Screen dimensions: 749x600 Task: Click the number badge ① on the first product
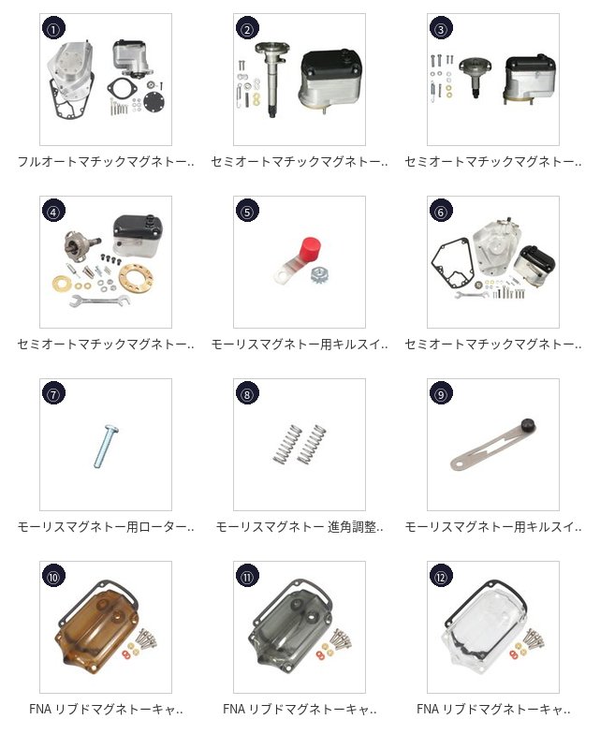point(53,29)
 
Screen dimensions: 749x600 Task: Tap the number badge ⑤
point(247,212)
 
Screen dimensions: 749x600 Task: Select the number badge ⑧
point(247,394)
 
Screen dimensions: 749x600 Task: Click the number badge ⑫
point(441,577)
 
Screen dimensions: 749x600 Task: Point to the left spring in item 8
point(285,444)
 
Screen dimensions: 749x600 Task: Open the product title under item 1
point(105,162)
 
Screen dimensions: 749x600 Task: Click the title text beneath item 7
point(105,527)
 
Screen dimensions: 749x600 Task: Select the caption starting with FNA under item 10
point(105,710)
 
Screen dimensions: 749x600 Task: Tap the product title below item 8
point(299,527)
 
